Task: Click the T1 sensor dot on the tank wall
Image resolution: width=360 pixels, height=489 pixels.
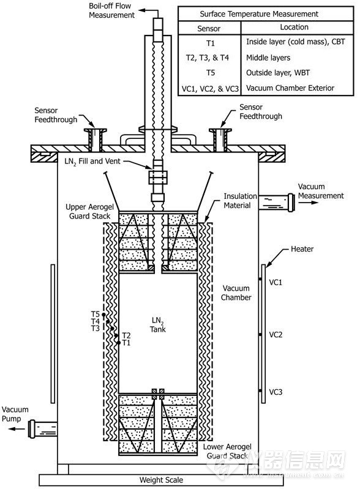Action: tap(119, 343)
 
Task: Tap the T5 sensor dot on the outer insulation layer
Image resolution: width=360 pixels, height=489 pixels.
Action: tap(103, 315)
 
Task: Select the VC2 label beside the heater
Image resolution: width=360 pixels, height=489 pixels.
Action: tap(276, 335)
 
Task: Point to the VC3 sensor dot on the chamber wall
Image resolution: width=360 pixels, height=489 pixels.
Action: tap(260, 391)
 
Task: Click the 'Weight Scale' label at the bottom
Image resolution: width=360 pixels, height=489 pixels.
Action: tap(161, 480)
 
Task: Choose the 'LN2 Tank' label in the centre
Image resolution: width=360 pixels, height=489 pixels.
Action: tap(158, 325)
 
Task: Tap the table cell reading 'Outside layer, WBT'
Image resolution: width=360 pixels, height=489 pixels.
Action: tap(278, 73)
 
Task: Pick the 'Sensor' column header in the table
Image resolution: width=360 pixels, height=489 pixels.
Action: tap(209, 29)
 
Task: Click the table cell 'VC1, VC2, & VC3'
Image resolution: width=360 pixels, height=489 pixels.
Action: tap(210, 89)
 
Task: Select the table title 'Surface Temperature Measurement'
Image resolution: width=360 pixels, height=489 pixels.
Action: tap(259, 14)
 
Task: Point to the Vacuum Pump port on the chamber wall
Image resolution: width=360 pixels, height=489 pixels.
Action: tap(42, 428)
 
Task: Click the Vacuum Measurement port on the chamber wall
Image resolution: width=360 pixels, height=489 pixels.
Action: tap(276, 203)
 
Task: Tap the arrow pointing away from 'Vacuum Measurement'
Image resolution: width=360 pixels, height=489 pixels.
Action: tap(308, 203)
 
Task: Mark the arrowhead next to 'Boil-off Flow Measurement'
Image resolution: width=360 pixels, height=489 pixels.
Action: tap(141, 10)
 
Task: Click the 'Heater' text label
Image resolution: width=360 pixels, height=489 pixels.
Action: tap(302, 249)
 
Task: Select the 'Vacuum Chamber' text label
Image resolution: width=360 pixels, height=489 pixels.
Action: tap(236, 293)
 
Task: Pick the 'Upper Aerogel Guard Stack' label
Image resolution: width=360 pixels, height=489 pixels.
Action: tap(89, 211)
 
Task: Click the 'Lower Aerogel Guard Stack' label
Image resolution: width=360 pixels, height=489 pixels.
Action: tap(227, 451)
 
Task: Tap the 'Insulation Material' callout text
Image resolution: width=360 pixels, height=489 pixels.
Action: tap(240, 201)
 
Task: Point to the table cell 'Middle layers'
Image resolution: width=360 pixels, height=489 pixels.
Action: tap(268, 58)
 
